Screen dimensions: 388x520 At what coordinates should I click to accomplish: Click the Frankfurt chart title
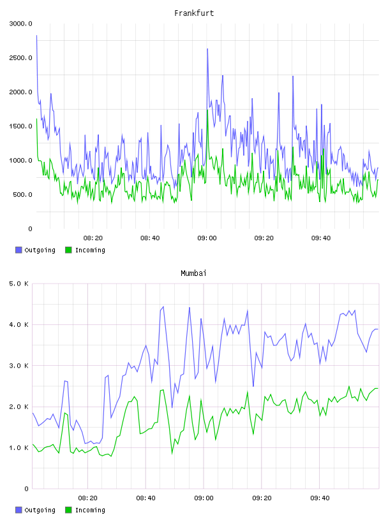pyautogui.click(x=194, y=13)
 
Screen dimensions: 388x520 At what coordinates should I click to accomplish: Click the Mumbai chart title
pyautogui.click(x=193, y=273)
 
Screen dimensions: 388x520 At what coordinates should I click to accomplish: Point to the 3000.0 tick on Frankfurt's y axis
pyautogui.click(x=20, y=24)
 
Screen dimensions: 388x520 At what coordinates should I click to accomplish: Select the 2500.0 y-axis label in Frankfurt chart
pyautogui.click(x=20, y=58)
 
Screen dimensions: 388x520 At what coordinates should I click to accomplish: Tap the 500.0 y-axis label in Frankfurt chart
pyautogui.click(x=22, y=194)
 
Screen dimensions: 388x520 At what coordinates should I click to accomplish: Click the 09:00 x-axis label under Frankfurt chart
pyautogui.click(x=207, y=238)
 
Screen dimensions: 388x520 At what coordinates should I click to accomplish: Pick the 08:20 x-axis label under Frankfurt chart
pyautogui.click(x=93, y=238)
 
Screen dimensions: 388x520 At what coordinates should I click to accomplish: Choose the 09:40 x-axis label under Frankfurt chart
pyautogui.click(x=321, y=238)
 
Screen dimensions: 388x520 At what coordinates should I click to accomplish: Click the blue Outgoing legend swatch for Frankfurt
pyautogui.click(x=19, y=250)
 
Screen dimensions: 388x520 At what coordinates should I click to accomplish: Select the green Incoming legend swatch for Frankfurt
pyautogui.click(x=68, y=250)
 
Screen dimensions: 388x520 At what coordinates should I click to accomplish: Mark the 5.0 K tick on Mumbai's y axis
pyautogui.click(x=19, y=284)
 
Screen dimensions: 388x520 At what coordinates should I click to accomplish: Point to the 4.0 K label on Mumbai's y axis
pyautogui.click(x=19, y=324)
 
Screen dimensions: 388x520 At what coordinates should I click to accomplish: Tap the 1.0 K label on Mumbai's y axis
pyautogui.click(x=19, y=448)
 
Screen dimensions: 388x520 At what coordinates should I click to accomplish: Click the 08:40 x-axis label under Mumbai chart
pyautogui.click(x=146, y=498)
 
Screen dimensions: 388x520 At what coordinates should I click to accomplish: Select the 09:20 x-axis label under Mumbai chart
pyautogui.click(x=262, y=498)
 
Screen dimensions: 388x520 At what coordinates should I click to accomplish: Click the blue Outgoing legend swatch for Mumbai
pyautogui.click(x=19, y=510)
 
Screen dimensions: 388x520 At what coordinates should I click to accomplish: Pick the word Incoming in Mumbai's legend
pyautogui.click(x=90, y=510)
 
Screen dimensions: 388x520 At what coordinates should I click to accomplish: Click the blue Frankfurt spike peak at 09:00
pyautogui.click(x=207, y=48)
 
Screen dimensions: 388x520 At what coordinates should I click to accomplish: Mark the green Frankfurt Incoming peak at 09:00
pyautogui.click(x=207, y=110)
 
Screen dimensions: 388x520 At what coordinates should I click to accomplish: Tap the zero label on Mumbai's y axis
pyautogui.click(x=27, y=489)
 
